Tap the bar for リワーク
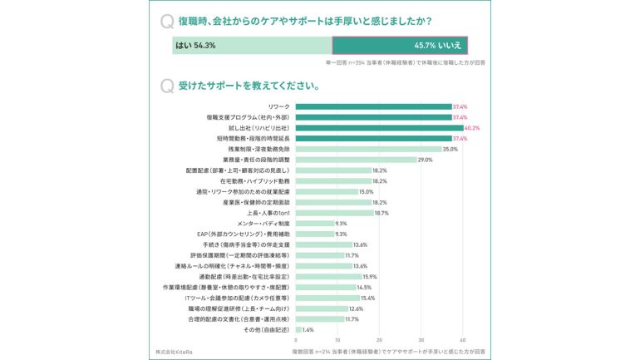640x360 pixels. coord(373,106)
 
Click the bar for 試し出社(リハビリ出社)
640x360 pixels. coord(379,128)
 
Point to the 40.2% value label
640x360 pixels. coord(472,128)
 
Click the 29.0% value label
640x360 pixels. coord(425,160)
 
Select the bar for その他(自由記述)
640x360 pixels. coord(298,330)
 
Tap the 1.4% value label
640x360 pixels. coord(308,330)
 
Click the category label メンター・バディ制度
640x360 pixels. coord(264,224)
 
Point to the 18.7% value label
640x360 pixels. coord(382,213)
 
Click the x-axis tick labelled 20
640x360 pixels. coord(379,340)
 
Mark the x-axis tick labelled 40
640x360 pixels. coord(462,340)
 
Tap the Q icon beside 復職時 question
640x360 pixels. coord(166,21)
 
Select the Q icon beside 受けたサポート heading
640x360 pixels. coord(166,85)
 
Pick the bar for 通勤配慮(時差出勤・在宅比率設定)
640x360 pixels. coord(328,277)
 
